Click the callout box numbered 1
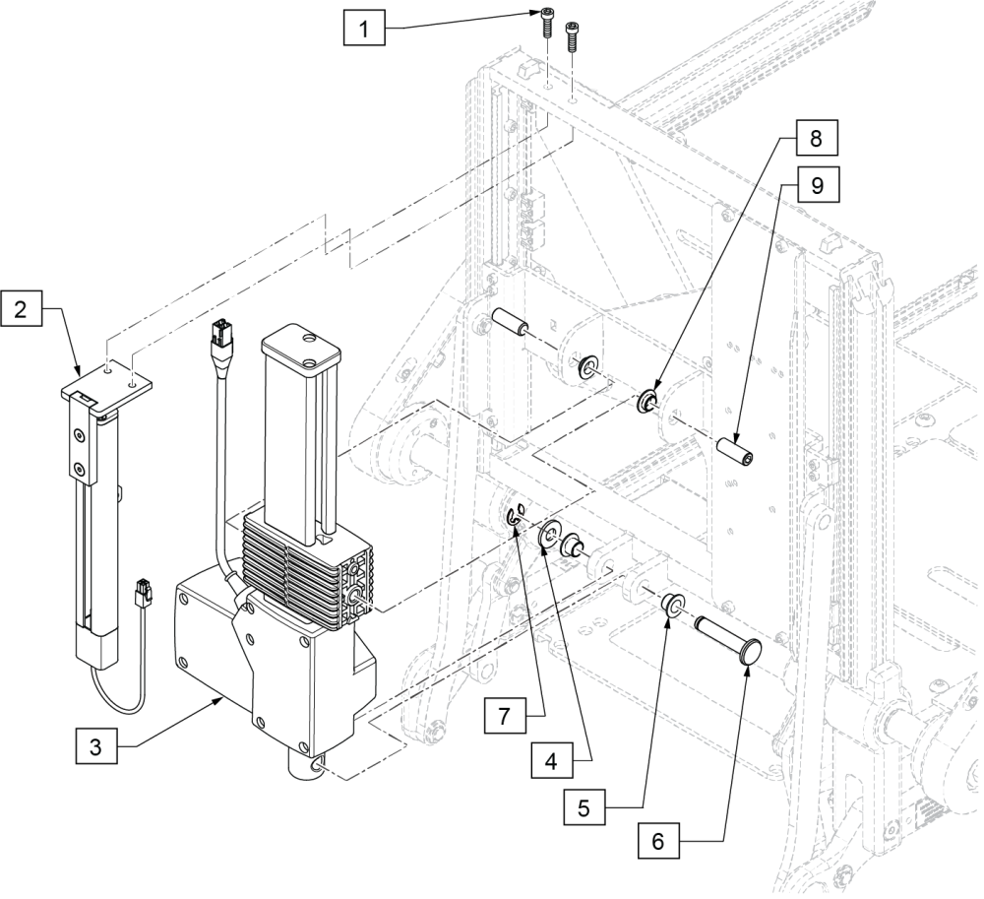click(365, 30)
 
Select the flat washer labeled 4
click(547, 538)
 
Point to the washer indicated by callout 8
click(648, 400)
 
